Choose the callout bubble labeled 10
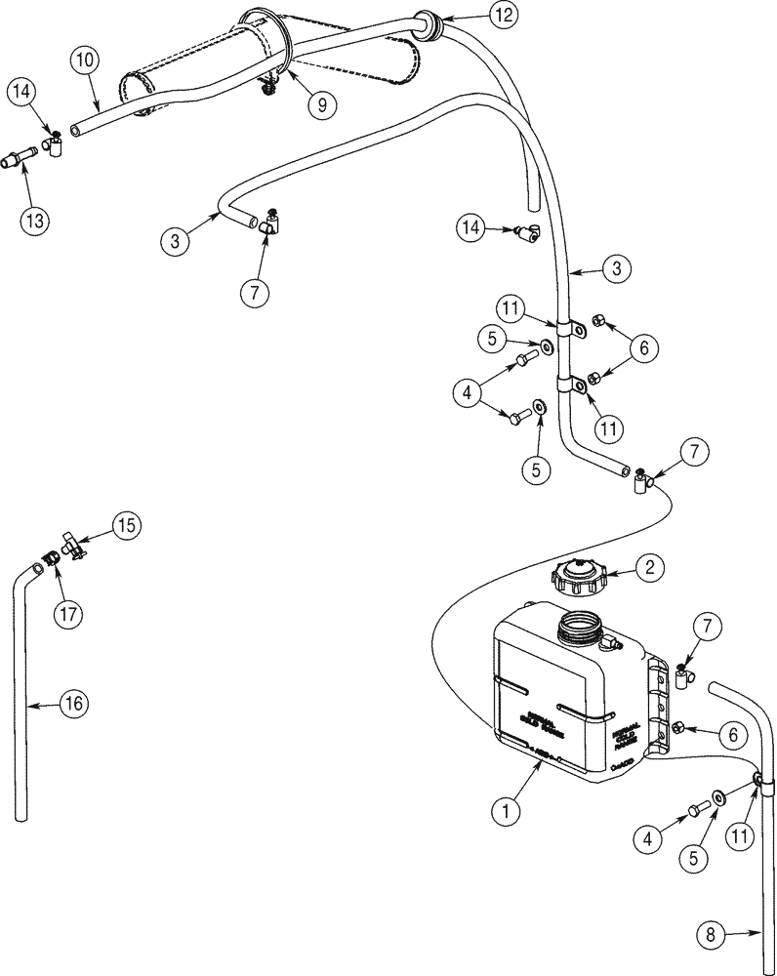pos(85,61)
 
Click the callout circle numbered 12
pos(501,15)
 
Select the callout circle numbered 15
pos(125,525)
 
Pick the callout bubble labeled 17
pos(69,614)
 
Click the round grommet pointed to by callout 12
pos(429,21)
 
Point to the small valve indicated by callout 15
pos(74,548)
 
